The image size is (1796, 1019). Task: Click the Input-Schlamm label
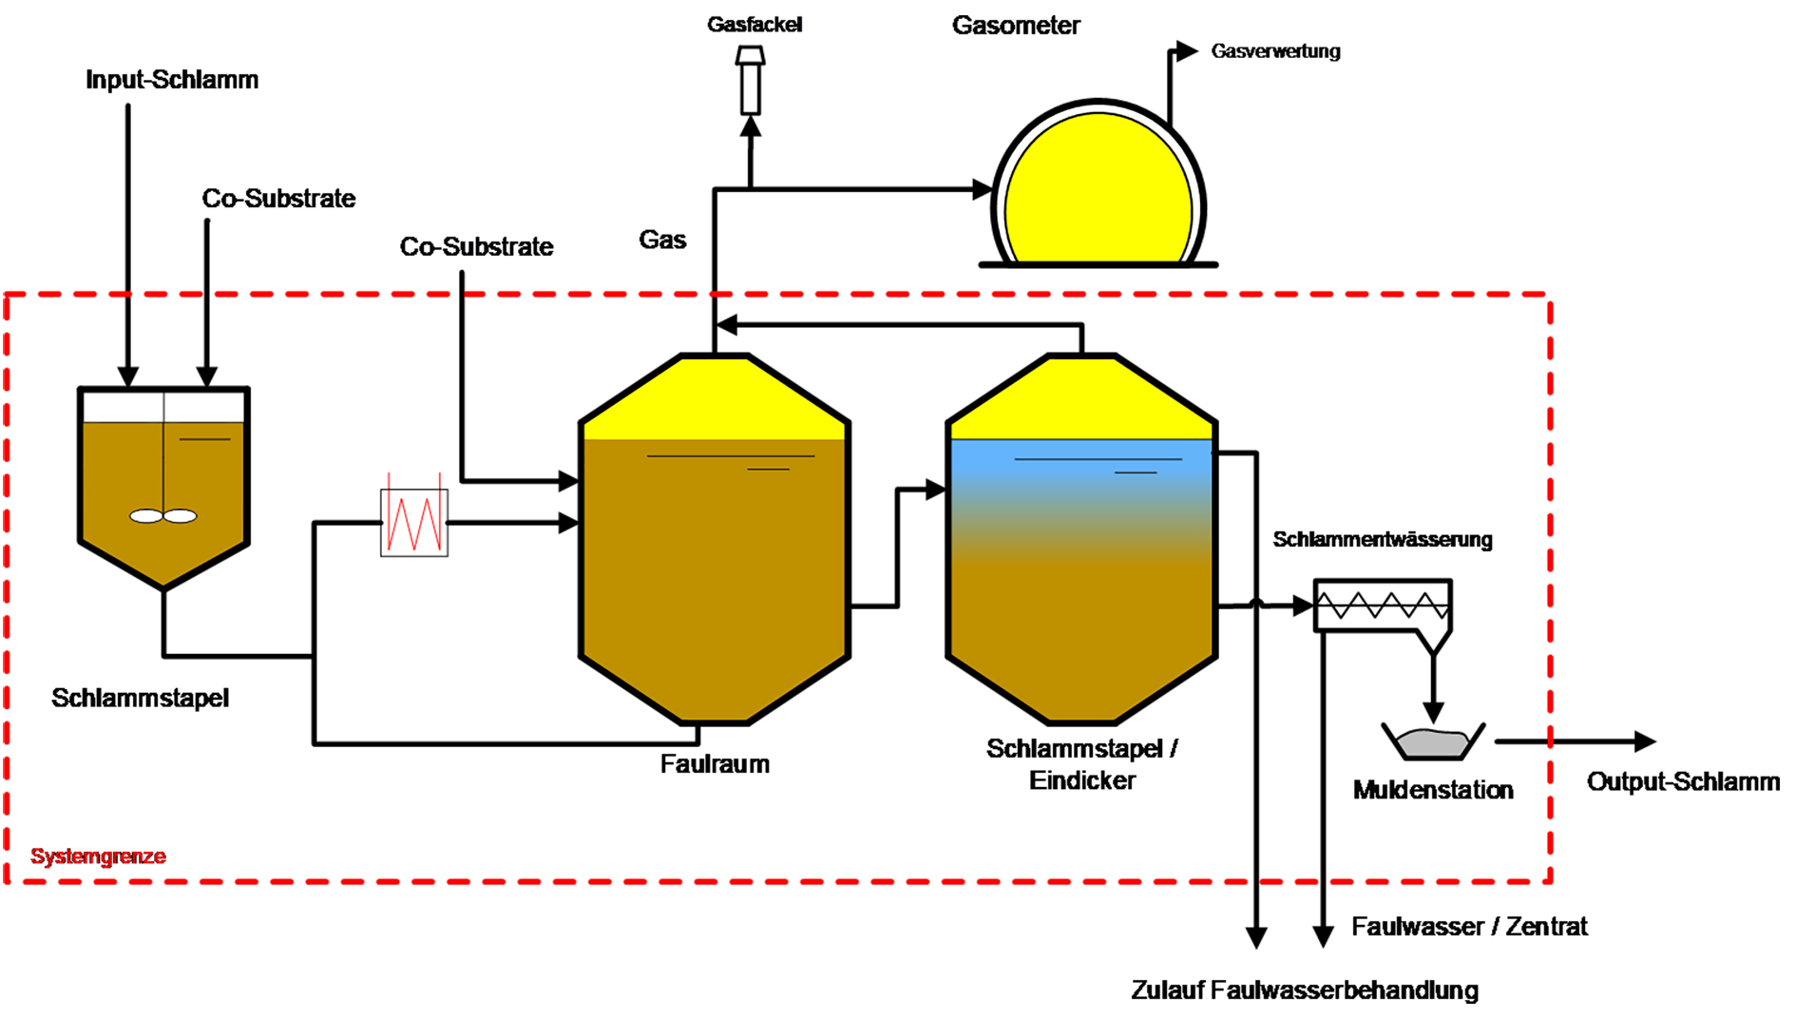(172, 80)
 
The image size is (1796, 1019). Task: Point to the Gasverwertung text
(1275, 51)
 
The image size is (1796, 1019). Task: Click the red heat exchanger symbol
(414, 522)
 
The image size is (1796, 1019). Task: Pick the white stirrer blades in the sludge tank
(163, 516)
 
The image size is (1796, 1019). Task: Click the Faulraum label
(715, 764)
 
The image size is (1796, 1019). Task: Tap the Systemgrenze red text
(98, 856)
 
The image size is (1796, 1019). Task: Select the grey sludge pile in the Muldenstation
(1432, 742)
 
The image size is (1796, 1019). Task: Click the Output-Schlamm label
(1683, 782)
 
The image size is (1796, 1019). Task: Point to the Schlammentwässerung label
(1383, 540)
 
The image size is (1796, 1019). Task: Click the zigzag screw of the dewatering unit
(1383, 605)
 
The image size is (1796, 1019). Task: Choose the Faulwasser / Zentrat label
(1469, 927)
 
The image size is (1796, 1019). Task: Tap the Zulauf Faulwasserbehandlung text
(1305, 990)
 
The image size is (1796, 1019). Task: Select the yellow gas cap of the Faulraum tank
(715, 399)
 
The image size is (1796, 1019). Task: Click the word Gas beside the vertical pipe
(662, 240)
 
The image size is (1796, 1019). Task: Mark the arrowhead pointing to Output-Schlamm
(1645, 741)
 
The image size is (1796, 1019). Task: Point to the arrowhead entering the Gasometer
(983, 189)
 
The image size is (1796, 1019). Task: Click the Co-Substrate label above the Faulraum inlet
(476, 247)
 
